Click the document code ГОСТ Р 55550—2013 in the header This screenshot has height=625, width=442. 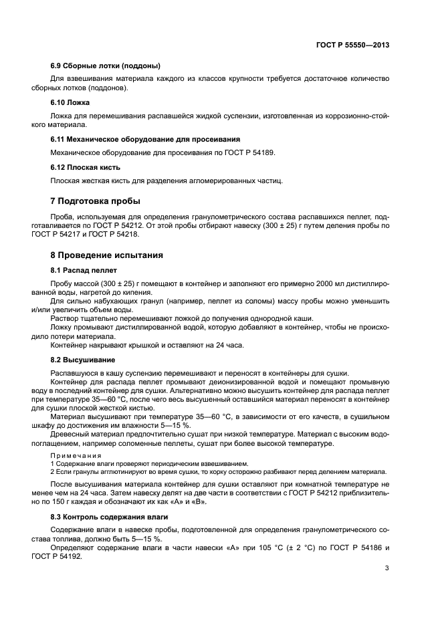[352, 45]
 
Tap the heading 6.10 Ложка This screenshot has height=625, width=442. [70, 102]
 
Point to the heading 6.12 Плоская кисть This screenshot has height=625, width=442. [86, 166]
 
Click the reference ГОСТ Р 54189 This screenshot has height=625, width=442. [251, 152]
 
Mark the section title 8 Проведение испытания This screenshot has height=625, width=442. [107, 255]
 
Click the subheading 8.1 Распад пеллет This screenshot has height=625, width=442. [84, 270]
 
